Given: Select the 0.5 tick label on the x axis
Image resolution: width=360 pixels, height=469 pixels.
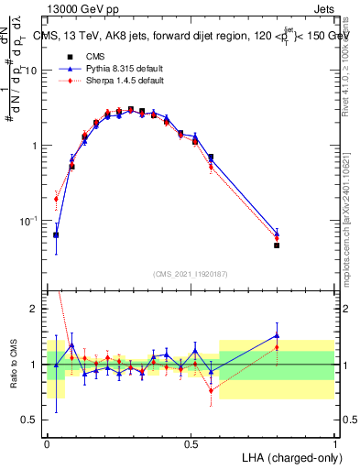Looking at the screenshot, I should (191, 443).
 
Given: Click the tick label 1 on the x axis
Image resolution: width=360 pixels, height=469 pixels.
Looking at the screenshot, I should (334, 443).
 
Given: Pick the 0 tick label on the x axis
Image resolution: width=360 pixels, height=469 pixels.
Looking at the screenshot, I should (47, 443).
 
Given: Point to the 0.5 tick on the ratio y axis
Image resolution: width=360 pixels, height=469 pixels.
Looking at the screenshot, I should (33, 420).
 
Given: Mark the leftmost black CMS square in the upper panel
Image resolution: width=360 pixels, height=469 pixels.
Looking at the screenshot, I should (56, 234).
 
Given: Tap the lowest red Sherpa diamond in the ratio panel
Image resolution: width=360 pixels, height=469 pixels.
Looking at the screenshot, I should (212, 390).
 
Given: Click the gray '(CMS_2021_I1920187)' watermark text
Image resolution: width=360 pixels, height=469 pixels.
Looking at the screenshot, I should (191, 275).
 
